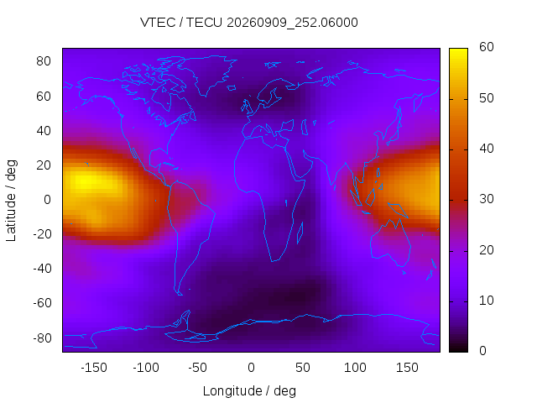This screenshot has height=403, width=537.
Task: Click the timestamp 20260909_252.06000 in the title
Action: pyautogui.click(x=292, y=23)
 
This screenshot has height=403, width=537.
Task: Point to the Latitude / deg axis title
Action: pyautogui.click(x=11, y=201)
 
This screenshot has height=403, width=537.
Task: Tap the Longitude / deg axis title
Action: pyautogui.click(x=249, y=390)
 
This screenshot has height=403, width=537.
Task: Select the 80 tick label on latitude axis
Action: pyautogui.click(x=44, y=61)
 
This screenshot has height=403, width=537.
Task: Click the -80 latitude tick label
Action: pyautogui.click(x=42, y=338)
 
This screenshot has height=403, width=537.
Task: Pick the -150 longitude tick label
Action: pyautogui.click(x=94, y=368)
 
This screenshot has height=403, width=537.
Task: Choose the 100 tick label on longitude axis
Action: pyautogui.click(x=355, y=368)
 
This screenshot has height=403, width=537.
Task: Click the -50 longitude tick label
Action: pyautogui.click(x=198, y=368)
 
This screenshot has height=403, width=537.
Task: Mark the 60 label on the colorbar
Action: pyautogui.click(x=487, y=47)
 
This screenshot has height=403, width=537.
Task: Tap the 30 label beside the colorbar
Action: pyautogui.click(x=487, y=199)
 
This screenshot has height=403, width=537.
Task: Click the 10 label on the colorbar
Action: pyautogui.click(x=487, y=301)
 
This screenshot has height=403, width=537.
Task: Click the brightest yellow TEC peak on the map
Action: pyautogui.click(x=85, y=181)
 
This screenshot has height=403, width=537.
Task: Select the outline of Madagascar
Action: pyautogui.click(x=300, y=233)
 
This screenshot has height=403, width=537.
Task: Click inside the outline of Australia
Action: pyautogui.click(x=390, y=242)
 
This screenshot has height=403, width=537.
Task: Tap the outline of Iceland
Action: pyautogui.click(x=232, y=88)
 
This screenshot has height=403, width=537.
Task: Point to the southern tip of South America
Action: pyautogui.click(x=180, y=295)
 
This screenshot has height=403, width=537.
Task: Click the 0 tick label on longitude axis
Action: pyautogui.click(x=251, y=368)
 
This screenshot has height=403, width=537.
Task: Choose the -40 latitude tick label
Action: pyautogui.click(x=42, y=269)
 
